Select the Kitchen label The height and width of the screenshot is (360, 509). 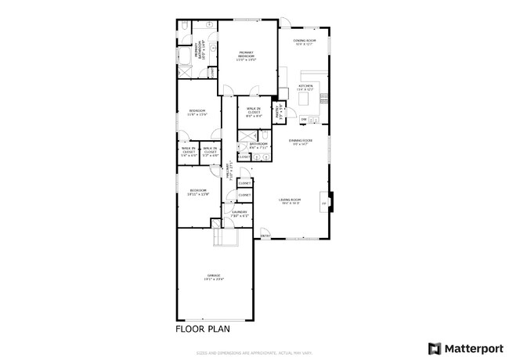(305, 88)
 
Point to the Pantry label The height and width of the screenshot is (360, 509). (277, 112)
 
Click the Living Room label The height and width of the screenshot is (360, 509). (291, 201)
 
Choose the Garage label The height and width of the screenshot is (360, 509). (214, 277)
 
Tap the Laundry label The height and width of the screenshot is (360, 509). (240, 213)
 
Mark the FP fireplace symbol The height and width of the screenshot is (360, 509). (323, 203)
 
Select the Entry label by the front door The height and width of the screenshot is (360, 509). (265, 235)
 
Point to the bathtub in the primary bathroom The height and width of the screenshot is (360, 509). (186, 56)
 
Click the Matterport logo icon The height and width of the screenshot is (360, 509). (433, 347)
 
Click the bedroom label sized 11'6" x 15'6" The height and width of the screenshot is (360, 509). (197, 112)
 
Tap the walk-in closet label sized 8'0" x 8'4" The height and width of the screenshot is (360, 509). (254, 112)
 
